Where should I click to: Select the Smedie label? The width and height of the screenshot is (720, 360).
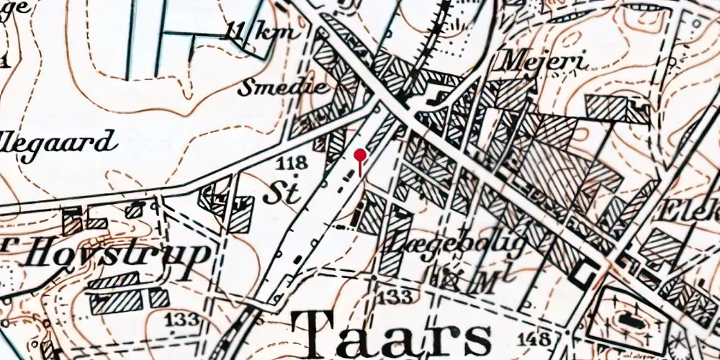click(283, 89)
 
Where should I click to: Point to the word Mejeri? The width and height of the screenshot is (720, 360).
click(544, 60)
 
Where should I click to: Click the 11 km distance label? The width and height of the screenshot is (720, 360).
click(251, 32)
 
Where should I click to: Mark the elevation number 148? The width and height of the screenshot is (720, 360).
click(548, 338)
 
